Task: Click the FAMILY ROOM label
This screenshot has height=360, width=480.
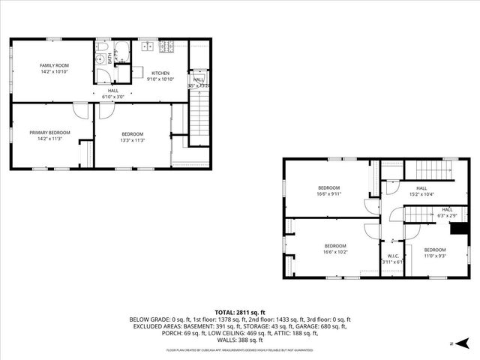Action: [54, 66]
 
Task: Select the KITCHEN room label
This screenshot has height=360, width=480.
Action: [160, 72]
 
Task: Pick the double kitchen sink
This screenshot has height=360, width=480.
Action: [145, 46]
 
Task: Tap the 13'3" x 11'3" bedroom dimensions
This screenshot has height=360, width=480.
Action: [133, 139]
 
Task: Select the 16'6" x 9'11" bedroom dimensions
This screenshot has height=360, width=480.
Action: [328, 193]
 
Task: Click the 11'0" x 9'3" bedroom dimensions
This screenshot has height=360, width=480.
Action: [434, 256]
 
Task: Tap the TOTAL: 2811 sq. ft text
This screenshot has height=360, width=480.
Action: [239, 311]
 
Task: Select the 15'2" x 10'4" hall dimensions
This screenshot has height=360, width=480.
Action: [421, 194]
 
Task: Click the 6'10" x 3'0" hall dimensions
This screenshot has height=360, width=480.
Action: [112, 97]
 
